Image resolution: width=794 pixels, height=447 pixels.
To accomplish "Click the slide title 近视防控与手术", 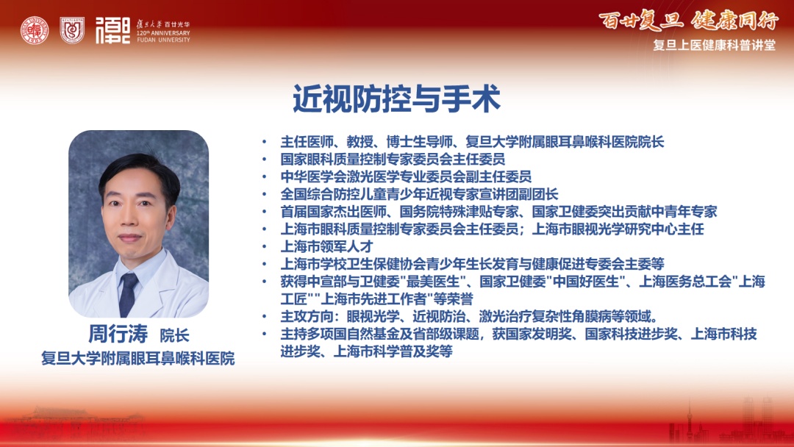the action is pos(396,99).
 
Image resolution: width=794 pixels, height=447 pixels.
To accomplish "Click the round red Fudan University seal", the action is pos(35,30).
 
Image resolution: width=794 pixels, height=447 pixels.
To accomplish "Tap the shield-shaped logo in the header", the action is pos(72,30).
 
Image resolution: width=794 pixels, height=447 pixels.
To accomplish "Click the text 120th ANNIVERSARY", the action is pos(163,33).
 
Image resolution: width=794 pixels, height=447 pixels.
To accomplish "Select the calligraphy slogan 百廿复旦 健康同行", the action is pos(688,21).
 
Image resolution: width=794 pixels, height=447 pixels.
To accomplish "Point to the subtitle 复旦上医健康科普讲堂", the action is pos(714,45).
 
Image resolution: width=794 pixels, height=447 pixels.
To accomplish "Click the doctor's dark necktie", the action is pos(128,293).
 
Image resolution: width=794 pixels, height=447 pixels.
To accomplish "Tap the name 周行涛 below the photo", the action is pos(118,334).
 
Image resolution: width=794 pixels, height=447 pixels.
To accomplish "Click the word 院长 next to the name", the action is pos(175,336).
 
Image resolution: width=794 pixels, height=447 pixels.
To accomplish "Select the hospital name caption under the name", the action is pos(137,359).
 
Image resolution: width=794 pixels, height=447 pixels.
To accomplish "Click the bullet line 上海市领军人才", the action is pos(326,246).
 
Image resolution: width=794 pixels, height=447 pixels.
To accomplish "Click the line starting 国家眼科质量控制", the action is pos(393,160).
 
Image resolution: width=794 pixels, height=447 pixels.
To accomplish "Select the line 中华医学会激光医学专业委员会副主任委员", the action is pos(406,176).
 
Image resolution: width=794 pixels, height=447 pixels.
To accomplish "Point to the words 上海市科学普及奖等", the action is pos(393,351).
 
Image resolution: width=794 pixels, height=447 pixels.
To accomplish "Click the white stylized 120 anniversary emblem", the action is pos(112,30).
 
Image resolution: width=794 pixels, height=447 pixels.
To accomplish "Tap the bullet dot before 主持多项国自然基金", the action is pos(265,334).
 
